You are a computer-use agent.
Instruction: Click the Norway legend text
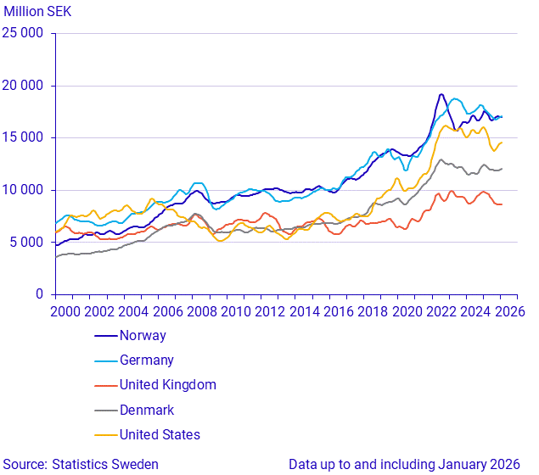tap(143, 336)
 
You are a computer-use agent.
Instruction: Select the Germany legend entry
tap(146, 360)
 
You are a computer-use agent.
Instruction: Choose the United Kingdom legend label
tap(167, 385)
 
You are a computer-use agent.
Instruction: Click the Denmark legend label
tap(146, 411)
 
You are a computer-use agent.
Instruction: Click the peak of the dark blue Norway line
tap(441, 94)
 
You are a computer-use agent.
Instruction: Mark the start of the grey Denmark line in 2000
tap(56, 256)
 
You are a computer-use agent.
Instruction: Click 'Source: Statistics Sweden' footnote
tap(80, 465)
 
